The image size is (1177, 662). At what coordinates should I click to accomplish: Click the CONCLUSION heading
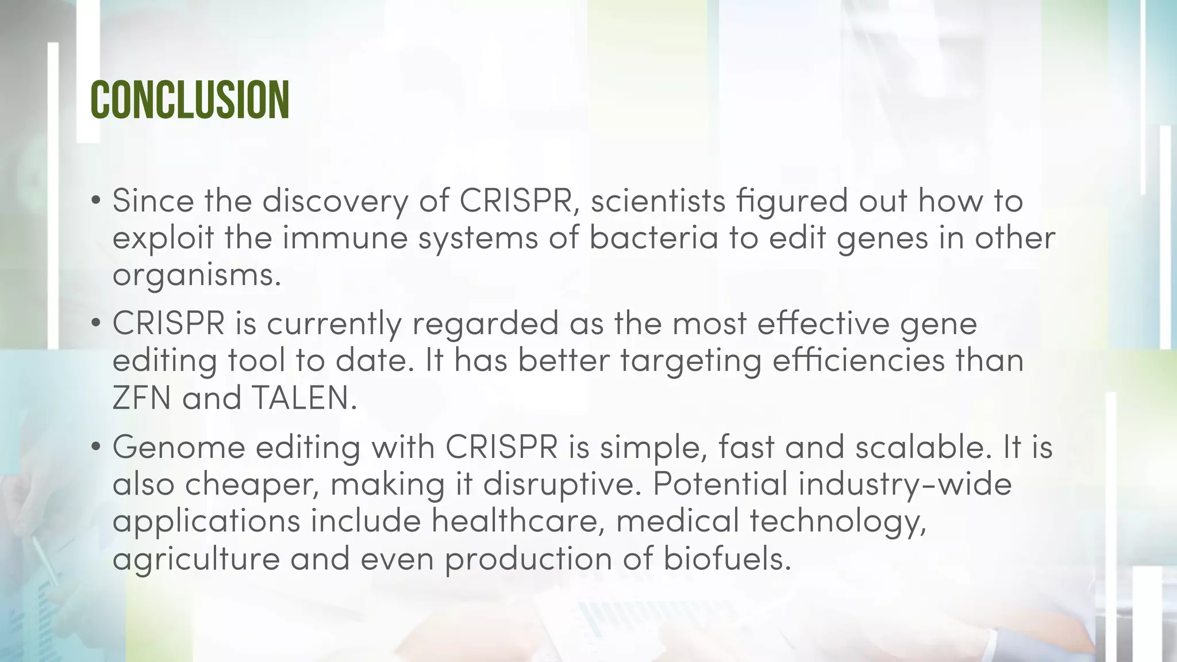190,100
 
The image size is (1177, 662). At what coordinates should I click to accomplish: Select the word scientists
657,201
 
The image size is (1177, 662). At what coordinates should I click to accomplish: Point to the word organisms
197,275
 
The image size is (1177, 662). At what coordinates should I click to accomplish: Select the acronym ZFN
142,398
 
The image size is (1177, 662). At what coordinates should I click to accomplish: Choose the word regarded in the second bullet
485,323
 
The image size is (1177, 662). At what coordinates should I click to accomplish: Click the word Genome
179,447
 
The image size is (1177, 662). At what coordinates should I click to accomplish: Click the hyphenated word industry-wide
905,484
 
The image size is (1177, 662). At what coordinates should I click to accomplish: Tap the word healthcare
517,521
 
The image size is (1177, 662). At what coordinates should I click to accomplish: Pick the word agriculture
196,559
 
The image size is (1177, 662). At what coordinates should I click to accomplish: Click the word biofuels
727,559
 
